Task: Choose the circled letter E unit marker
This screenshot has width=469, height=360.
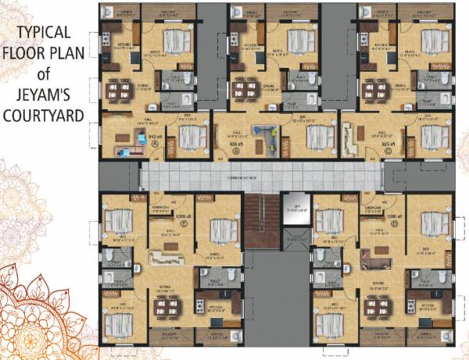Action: pos(184,223)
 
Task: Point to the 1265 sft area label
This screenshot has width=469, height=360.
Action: pos(184,216)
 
